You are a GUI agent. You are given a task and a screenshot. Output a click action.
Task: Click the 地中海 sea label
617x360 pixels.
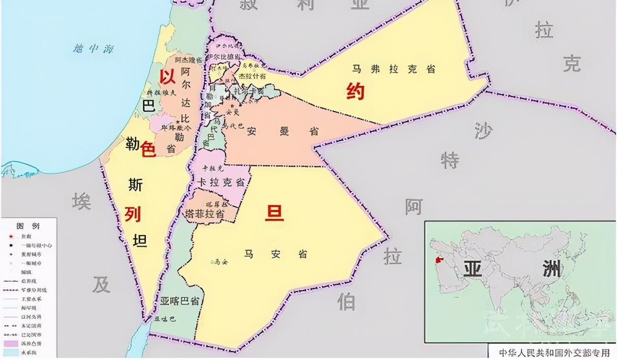point(93,49)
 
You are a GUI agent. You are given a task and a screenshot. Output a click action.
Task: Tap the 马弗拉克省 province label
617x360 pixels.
point(394,69)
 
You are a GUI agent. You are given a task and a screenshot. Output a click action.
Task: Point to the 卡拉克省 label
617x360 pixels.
point(221,182)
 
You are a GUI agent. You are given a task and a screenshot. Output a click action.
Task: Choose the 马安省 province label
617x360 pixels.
point(275,254)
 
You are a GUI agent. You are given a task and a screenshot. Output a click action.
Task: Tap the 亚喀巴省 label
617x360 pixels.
point(179,301)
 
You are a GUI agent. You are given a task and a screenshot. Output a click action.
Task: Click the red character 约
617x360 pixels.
point(355,91)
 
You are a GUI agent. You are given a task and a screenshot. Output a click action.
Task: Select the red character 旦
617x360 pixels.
point(274,213)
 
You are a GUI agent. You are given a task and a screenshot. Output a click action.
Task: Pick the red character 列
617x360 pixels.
point(133,215)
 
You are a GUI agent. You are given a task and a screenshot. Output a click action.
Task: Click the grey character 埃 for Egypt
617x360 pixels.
point(81,201)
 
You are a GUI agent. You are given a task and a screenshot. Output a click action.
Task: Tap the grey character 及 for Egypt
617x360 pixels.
point(101,285)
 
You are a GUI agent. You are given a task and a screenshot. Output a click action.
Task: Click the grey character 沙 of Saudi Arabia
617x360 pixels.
point(483,131)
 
